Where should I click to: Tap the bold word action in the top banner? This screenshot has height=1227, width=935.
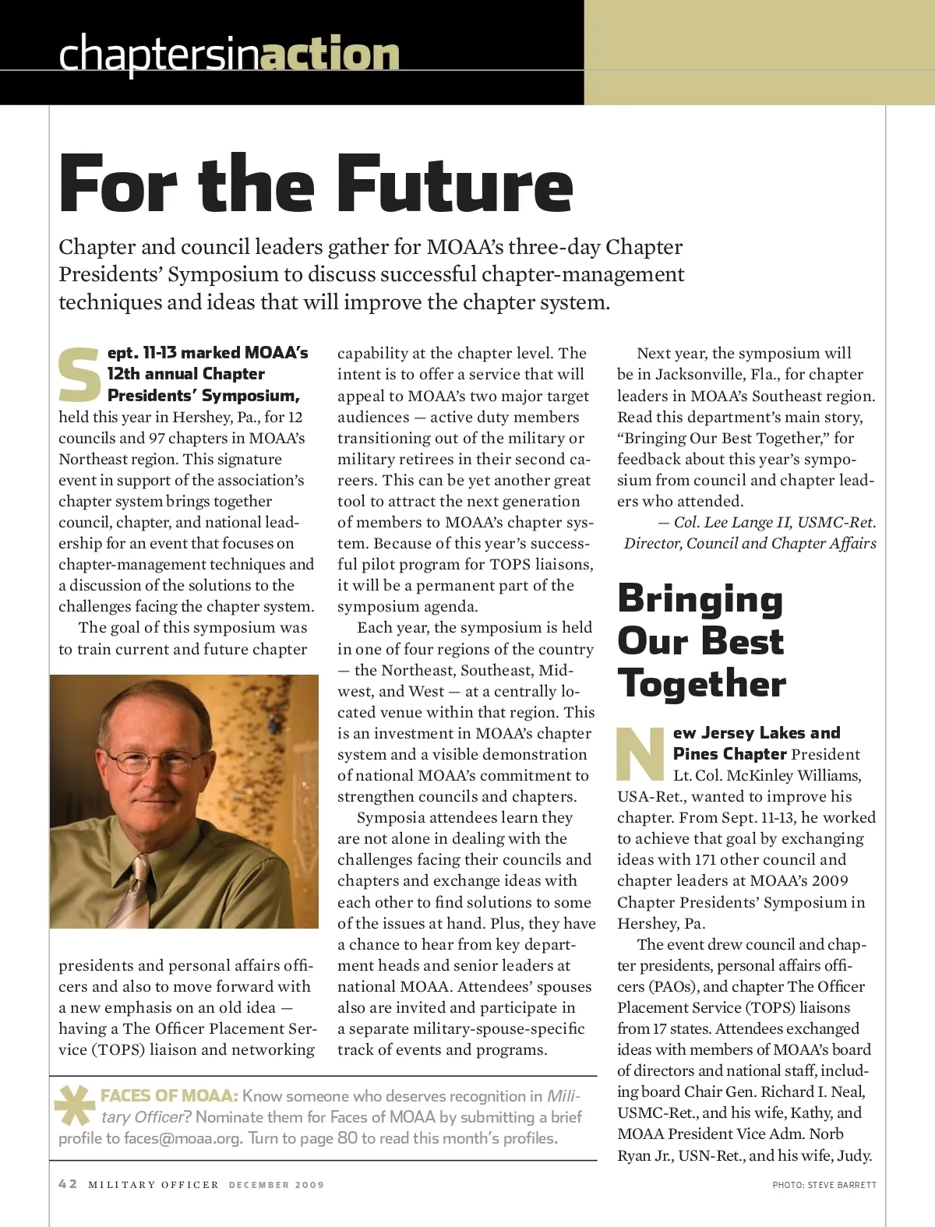(330, 55)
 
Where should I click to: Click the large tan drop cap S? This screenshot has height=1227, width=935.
(80, 376)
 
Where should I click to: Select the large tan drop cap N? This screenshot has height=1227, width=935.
(641, 753)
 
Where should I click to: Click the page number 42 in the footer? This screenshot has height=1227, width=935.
(68, 1184)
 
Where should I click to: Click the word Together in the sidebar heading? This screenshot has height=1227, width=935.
(701, 684)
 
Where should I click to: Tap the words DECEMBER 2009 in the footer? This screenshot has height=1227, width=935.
(276, 1185)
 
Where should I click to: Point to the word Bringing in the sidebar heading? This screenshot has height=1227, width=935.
(700, 599)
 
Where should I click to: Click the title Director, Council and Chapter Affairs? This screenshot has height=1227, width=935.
(750, 544)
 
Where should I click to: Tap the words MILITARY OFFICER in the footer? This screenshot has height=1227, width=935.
(153, 1185)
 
